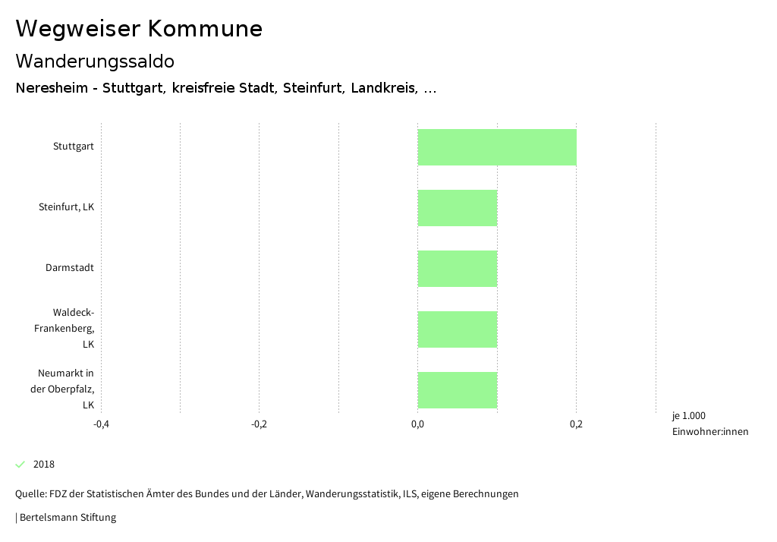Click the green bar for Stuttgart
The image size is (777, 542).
click(497, 147)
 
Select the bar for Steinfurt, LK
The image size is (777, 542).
click(458, 208)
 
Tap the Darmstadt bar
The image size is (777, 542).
click(458, 269)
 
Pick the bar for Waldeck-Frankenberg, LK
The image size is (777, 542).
click(458, 329)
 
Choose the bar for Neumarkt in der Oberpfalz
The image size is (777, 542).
click(458, 390)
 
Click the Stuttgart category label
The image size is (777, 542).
click(74, 147)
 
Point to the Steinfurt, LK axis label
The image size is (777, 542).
click(66, 207)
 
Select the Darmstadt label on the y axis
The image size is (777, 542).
click(70, 268)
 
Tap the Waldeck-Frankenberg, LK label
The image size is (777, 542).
click(65, 329)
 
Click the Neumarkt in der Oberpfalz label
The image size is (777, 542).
click(65, 389)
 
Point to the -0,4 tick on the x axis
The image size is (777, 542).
click(101, 424)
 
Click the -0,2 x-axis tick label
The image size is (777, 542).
click(260, 424)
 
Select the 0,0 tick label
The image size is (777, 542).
click(418, 424)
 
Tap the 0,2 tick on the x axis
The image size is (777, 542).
click(576, 424)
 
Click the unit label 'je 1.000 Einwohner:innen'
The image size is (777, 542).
click(709, 424)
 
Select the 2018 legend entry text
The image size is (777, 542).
click(44, 465)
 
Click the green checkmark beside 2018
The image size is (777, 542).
click(20, 465)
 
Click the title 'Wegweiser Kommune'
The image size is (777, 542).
click(139, 29)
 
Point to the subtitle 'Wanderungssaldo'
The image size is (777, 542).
click(95, 61)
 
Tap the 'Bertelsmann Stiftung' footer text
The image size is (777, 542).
click(68, 518)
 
